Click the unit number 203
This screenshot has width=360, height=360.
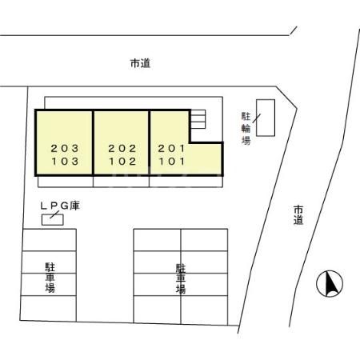[x=64, y=148]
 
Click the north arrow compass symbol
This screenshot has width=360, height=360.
[x=330, y=282]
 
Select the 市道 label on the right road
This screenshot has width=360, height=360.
[x=298, y=214]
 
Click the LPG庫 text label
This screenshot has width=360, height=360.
[x=60, y=206]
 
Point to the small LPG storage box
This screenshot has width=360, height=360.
[x=52, y=219]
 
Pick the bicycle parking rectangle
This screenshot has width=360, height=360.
[x=265, y=118]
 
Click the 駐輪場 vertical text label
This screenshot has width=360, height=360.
[x=246, y=128]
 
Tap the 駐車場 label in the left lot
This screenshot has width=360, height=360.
[x=50, y=277]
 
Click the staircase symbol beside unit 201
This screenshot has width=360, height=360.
[x=198, y=118]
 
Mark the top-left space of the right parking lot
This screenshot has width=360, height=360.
[x=157, y=241]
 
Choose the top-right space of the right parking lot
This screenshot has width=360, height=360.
[x=205, y=241]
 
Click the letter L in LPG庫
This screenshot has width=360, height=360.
[x=45, y=206]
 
